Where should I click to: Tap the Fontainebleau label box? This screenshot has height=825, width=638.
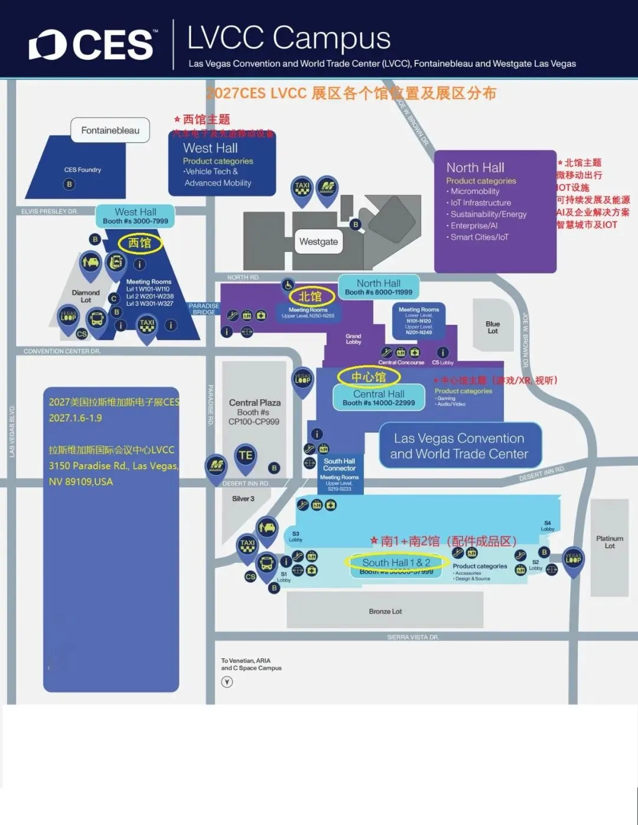point(110,131)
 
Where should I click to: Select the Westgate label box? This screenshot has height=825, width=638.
point(318,242)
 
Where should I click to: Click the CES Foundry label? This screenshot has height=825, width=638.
point(83,170)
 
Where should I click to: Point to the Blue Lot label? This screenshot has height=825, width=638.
point(493,328)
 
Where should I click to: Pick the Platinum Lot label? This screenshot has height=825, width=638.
point(610,542)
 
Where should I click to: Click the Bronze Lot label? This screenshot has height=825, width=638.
point(385,611)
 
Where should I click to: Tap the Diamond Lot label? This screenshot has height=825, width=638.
point(86,296)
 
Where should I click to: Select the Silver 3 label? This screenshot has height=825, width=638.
point(243,498)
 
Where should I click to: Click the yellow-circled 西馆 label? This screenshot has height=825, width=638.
point(140,243)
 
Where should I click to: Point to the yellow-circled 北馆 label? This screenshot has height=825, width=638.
point(310,296)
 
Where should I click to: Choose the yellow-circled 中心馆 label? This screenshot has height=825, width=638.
point(369,377)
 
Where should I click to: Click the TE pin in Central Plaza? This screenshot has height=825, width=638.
point(245,456)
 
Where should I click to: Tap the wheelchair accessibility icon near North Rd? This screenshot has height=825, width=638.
point(288,285)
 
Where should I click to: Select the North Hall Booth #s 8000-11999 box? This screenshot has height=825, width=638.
point(379,288)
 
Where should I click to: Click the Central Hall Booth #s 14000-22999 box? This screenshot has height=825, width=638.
point(379,398)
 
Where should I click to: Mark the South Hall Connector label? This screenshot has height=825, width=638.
point(339,465)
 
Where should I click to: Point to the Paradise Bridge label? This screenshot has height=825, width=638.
point(204,309)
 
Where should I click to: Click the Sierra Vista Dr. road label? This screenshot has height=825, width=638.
point(413,637)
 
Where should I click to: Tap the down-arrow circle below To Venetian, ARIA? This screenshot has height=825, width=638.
point(227,682)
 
